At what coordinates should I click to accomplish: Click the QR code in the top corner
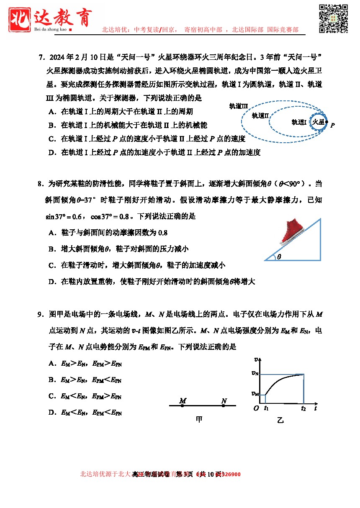(x=334, y=18)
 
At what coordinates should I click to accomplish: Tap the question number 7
(x=41, y=57)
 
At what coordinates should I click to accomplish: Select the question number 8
(x=40, y=184)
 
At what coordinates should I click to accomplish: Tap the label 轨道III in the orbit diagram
(x=239, y=106)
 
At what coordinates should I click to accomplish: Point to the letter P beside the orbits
(x=332, y=125)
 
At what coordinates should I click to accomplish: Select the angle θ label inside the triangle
(x=279, y=257)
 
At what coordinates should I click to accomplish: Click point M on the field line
(x=182, y=405)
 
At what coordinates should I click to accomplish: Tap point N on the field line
(x=224, y=405)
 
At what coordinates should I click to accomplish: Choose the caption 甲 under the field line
(x=199, y=419)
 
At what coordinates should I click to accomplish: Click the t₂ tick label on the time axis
(x=303, y=408)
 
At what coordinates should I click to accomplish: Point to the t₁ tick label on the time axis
(x=266, y=408)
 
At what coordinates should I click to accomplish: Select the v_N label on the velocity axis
(x=255, y=373)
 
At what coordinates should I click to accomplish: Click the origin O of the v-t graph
(x=256, y=408)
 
